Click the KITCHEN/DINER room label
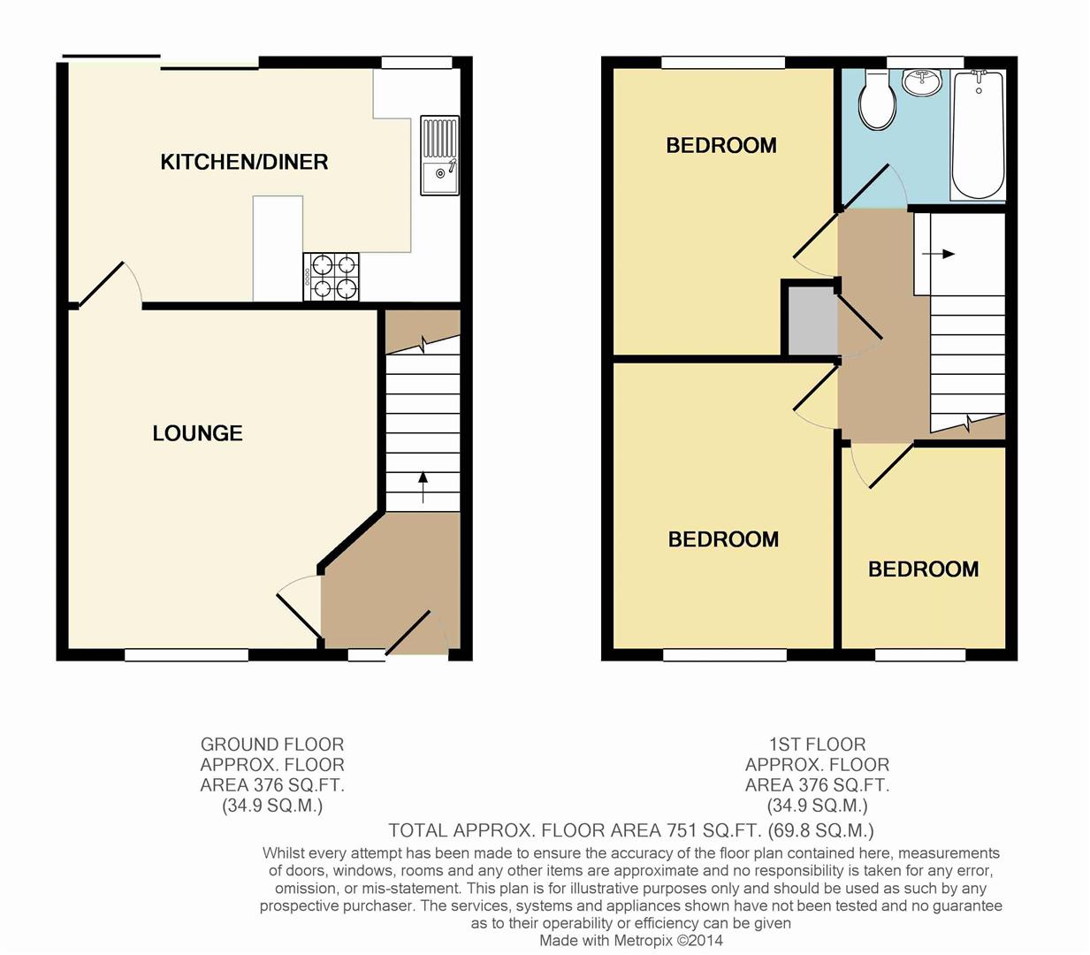(244, 162)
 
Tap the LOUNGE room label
(197, 433)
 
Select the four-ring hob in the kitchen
(332, 276)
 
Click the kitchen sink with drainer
(439, 156)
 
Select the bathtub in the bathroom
(978, 134)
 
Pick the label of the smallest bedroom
(923, 569)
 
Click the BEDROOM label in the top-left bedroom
(720, 145)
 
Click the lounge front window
(187, 655)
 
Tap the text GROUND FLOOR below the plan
(271, 745)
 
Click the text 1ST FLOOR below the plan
(817, 745)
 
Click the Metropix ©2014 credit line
(630, 940)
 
